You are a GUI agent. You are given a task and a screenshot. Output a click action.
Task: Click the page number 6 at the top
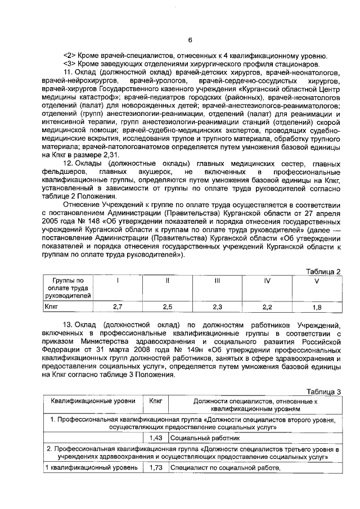point(190,39)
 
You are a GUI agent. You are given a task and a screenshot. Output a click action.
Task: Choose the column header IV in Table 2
point(267,280)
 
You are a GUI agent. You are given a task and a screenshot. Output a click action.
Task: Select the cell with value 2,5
point(167,307)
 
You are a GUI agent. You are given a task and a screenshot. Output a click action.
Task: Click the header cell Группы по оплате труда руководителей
point(67,287)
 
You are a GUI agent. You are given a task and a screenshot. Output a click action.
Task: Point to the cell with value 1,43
point(156,436)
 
